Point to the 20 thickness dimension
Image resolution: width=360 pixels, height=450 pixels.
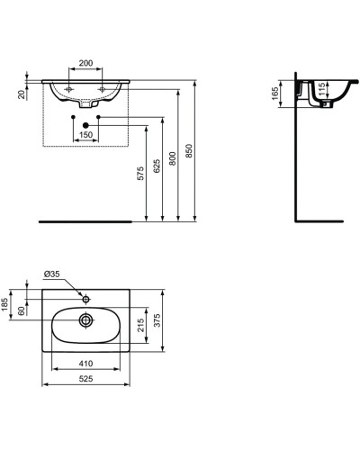(x=20, y=93)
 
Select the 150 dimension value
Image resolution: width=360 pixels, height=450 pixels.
(x=85, y=134)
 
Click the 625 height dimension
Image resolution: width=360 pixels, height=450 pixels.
(x=157, y=167)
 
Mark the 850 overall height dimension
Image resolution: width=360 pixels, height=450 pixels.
(x=189, y=152)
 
